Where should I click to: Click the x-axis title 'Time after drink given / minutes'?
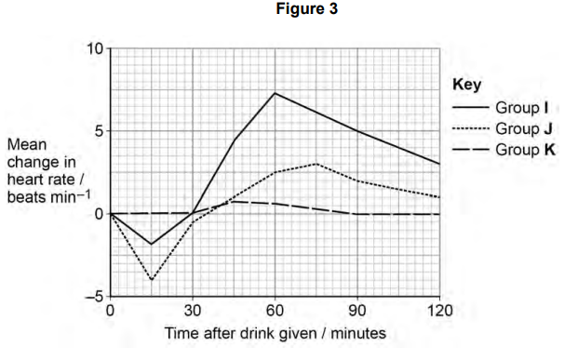275,332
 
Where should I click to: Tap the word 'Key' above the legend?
466,84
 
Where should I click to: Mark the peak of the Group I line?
275,93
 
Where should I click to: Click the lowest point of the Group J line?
152,280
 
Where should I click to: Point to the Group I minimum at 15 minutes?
152,245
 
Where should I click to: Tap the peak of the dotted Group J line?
316,164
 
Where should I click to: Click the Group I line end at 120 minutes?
438,164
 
